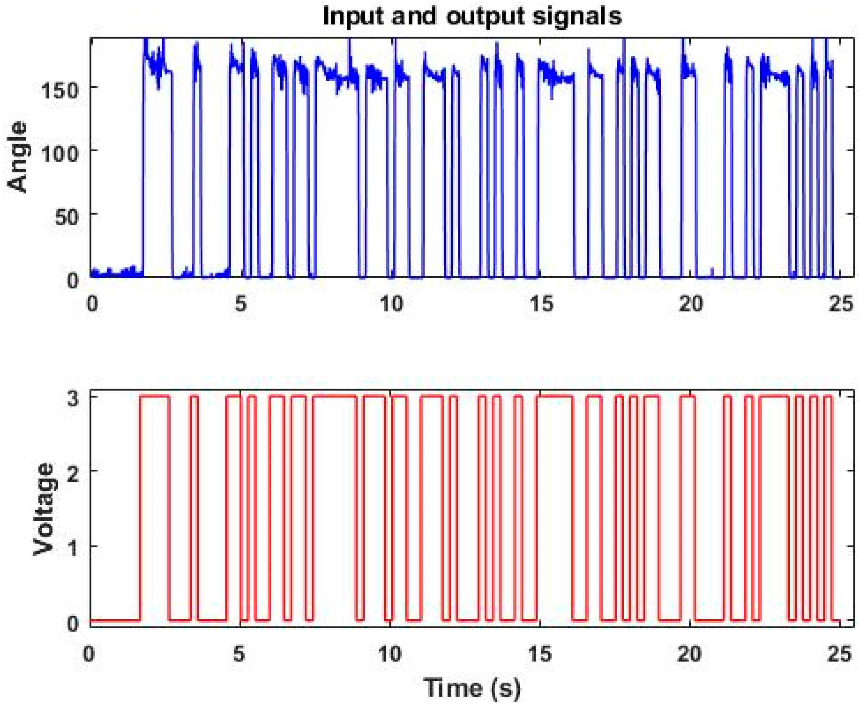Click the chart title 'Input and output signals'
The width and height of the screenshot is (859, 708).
(472, 17)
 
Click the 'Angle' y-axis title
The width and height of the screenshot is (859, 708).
(17, 157)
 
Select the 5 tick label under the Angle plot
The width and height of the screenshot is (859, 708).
(241, 304)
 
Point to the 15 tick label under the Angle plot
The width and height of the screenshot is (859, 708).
(541, 304)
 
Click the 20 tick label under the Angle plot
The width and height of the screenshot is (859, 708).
(690, 304)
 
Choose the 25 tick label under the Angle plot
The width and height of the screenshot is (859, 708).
(840, 304)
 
